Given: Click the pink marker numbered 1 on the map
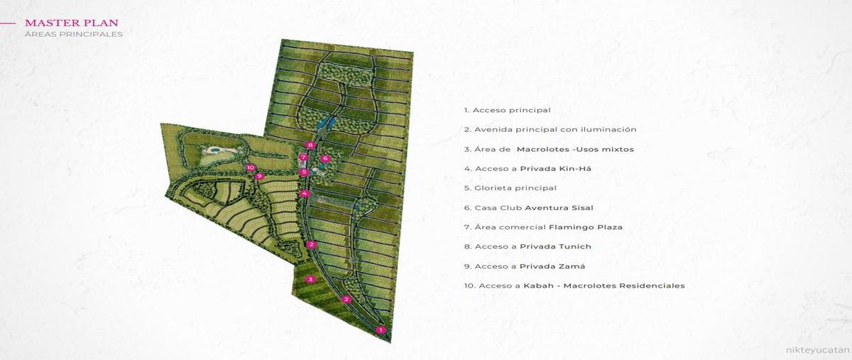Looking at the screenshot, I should (381, 329).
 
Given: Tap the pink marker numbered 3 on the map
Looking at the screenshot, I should (310, 279).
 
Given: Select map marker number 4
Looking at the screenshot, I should (305, 193).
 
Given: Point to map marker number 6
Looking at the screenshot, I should (324, 158).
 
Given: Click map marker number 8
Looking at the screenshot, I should (310, 145).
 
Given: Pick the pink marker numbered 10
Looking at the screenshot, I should (250, 168).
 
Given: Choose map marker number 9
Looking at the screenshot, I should (260, 176).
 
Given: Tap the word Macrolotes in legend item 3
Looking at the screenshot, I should (543, 149).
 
